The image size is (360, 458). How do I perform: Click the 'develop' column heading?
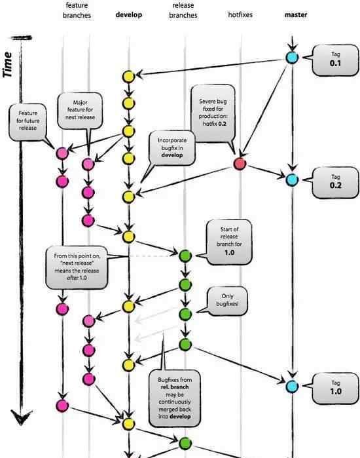(x=129, y=14)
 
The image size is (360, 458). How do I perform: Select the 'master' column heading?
(x=295, y=14)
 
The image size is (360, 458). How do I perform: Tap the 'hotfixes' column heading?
(x=240, y=14)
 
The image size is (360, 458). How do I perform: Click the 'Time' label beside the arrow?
(x=8, y=65)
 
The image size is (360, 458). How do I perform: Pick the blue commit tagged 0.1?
(x=292, y=58)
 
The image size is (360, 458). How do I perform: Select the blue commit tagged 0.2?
(x=292, y=180)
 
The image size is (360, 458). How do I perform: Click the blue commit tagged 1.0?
(x=292, y=387)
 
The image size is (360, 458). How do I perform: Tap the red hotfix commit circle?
(x=240, y=164)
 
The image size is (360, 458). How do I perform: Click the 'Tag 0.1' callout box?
(x=335, y=60)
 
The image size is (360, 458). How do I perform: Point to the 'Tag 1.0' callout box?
(x=335, y=389)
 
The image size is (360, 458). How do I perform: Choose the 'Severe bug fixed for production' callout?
(x=213, y=113)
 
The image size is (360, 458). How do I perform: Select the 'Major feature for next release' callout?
(x=80, y=111)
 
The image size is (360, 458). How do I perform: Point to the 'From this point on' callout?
(x=77, y=267)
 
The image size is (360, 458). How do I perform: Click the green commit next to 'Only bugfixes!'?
(x=185, y=315)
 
